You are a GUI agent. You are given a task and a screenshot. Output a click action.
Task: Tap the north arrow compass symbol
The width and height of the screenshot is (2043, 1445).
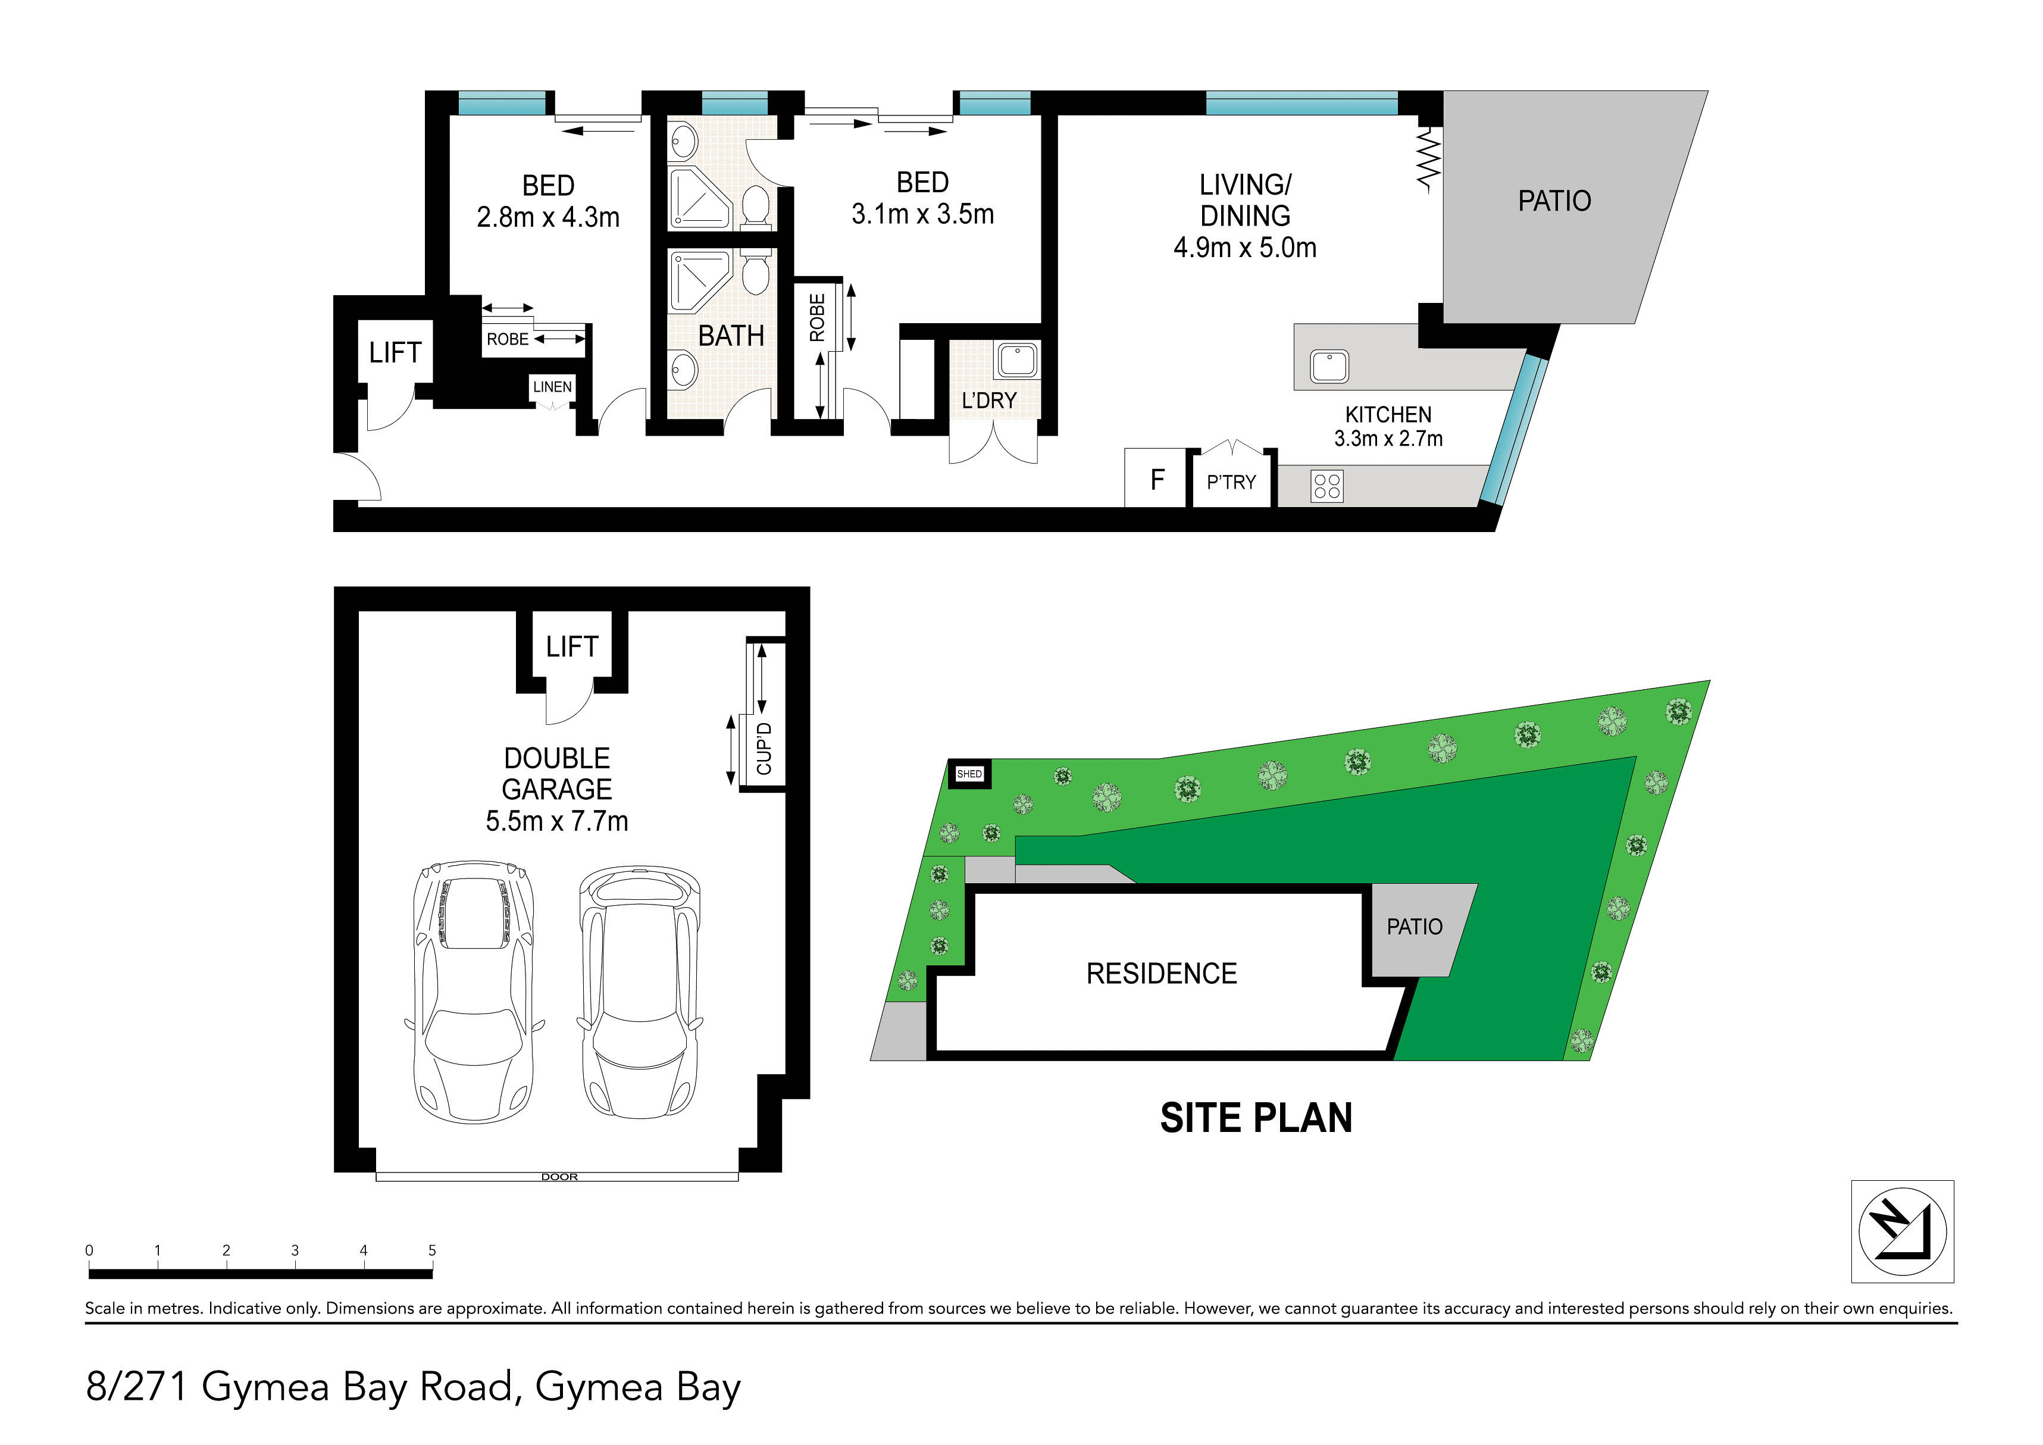[1903, 1231]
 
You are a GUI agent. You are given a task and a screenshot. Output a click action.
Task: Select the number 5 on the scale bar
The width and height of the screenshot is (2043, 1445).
[433, 1250]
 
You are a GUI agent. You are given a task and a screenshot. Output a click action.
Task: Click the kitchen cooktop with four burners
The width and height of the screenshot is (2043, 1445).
[1326, 486]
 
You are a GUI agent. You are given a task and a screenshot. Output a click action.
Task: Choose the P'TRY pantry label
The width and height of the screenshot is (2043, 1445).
[1231, 482]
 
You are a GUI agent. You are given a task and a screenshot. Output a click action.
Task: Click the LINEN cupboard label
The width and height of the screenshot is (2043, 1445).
[552, 387]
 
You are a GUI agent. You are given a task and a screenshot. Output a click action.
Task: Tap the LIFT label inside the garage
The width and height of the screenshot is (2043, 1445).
[572, 647]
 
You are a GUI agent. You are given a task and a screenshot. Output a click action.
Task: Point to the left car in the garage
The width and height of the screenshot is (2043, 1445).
[474, 992]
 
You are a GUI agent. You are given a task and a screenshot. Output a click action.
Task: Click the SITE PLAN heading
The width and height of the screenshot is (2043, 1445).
[1256, 1118]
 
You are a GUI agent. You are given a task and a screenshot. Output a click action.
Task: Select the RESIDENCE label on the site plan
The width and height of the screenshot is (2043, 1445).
[1161, 974]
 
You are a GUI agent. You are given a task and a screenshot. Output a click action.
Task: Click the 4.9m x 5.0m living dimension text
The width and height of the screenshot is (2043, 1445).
[1245, 248]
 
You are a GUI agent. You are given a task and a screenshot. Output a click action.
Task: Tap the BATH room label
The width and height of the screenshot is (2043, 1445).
[731, 336]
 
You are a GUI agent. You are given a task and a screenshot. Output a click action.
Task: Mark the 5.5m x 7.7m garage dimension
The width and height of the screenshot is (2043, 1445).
[557, 820]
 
